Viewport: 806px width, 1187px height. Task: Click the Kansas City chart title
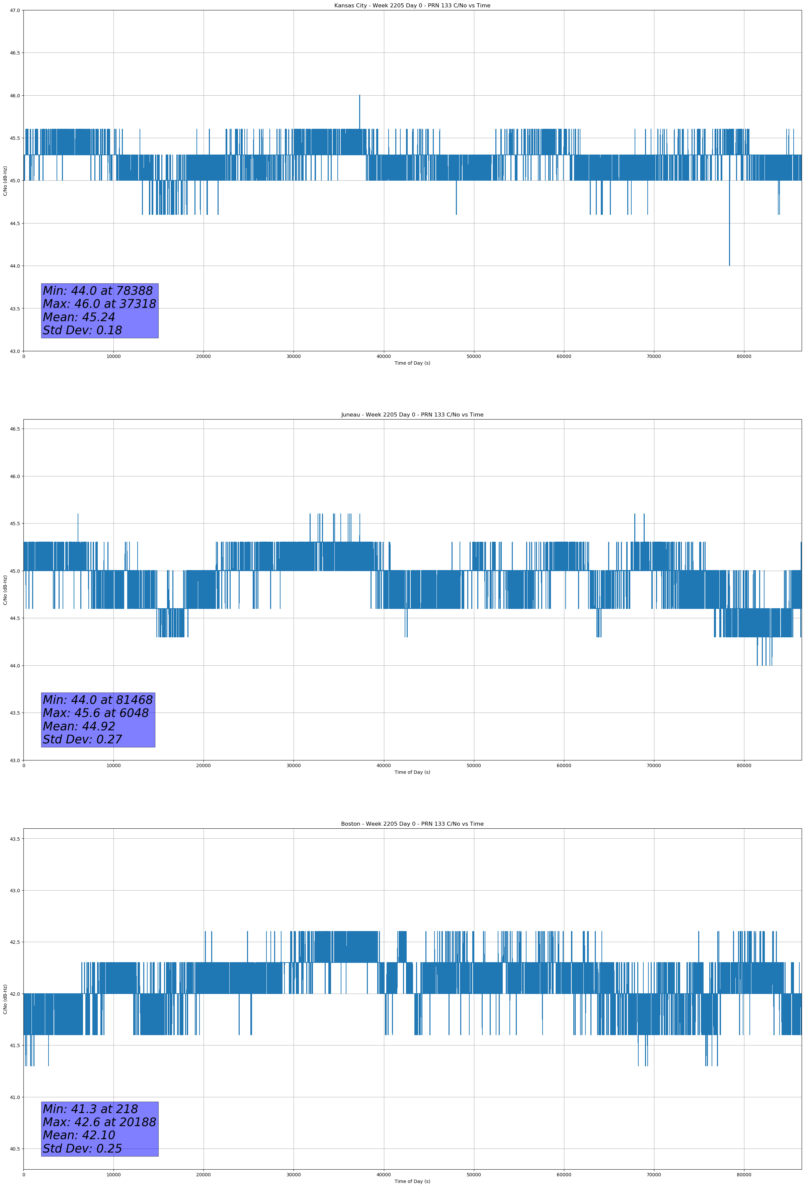coord(412,6)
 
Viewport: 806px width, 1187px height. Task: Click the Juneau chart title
coord(412,415)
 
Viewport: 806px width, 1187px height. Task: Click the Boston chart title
coord(412,824)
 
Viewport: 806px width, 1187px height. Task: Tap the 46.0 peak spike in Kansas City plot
coord(359,97)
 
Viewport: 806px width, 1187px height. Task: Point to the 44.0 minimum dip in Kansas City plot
coord(729,264)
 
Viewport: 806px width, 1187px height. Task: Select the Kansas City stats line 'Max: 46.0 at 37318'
coord(99,304)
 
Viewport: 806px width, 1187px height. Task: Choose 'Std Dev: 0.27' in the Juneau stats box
coord(82,740)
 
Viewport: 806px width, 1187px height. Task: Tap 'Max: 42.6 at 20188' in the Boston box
coord(99,1122)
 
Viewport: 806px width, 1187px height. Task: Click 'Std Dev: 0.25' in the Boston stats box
coord(82,1149)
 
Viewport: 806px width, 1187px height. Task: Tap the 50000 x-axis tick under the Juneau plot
coord(474,765)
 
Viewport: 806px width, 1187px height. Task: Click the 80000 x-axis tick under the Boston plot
coord(744,1175)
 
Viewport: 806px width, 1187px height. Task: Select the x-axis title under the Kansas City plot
coord(412,363)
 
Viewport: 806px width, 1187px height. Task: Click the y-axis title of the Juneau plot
coord(5,590)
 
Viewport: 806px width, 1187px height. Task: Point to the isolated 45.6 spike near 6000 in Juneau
coord(78,516)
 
